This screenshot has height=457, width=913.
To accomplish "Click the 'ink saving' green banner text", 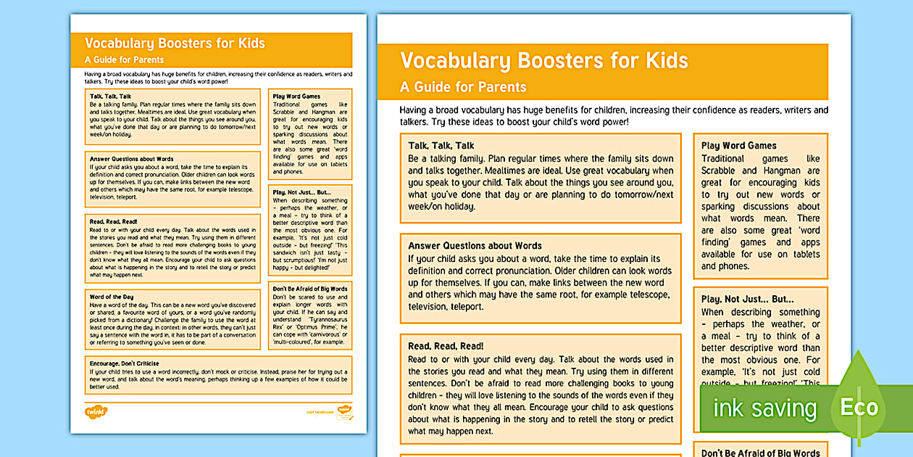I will coord(764,408).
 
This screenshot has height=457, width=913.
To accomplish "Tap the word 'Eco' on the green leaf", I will coord(859,407).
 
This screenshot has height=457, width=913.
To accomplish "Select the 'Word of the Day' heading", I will coord(111,297).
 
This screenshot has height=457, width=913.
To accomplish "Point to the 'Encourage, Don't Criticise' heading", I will coord(124,363).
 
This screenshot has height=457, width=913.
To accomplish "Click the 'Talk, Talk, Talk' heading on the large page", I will coord(441,146).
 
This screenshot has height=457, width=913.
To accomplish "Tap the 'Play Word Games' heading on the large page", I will coord(738,146).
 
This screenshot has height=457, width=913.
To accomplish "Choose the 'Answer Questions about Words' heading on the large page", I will coord(475,246).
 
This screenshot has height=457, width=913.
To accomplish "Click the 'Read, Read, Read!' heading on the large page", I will coord(446,346).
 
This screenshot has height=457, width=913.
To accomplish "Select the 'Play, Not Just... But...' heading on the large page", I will coord(747,299).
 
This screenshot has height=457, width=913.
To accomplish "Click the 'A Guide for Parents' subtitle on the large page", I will coord(463,87).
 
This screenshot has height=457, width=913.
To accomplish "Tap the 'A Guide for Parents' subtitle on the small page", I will coord(124,59).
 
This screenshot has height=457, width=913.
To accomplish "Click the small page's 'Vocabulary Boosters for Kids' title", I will coord(175,43).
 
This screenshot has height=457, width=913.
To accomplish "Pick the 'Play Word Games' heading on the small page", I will coord(296,96).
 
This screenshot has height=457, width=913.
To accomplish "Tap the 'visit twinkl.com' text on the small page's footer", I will coord(320,412).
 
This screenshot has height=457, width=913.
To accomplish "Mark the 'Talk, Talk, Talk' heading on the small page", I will coord(110,96).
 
